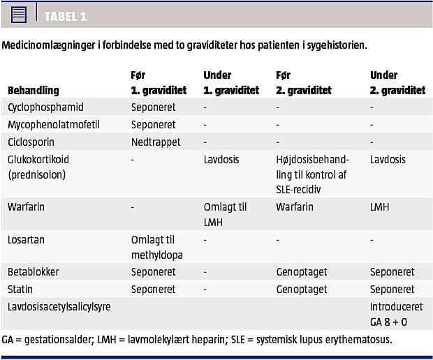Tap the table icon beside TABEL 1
coord(19,15)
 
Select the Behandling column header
coord(33,90)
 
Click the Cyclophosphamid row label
coord(45,107)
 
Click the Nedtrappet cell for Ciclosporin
coord(156,142)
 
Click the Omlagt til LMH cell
coord(225,213)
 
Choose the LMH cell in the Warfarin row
coord(381,207)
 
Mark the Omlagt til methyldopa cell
coord(157,247)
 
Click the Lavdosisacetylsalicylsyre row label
coord(59,306)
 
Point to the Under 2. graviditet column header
coord(397,82)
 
